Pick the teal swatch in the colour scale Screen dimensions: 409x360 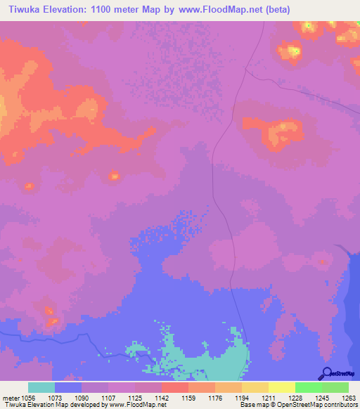pos(41,387)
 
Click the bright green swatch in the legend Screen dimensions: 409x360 pos(309,387)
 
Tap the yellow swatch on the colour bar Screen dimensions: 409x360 pos(282,387)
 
